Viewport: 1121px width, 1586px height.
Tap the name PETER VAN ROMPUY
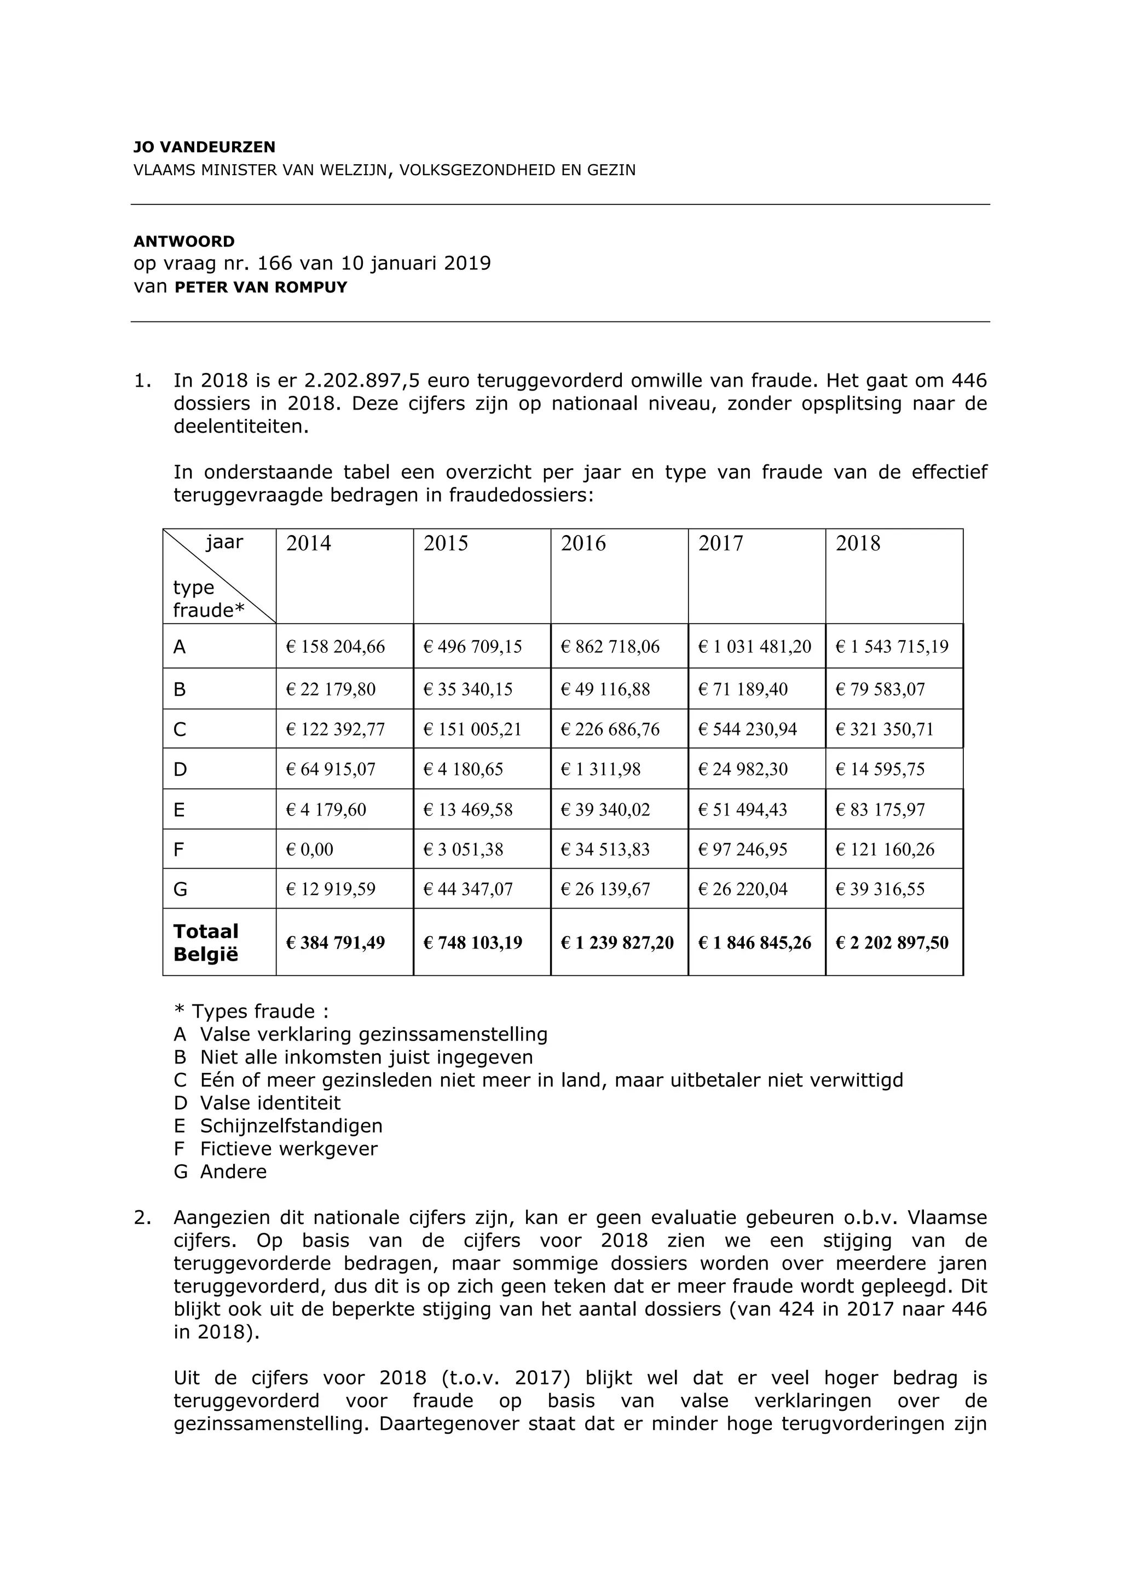coord(261,288)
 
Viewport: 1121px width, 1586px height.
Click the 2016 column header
coord(583,544)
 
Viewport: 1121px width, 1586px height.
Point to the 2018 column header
coord(858,544)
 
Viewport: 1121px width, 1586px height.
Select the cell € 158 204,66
coord(336,647)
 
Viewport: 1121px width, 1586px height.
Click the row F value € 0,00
coord(310,849)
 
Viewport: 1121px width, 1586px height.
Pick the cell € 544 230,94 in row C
coord(748,729)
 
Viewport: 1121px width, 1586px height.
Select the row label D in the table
coord(180,769)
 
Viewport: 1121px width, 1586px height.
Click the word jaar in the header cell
coord(224,542)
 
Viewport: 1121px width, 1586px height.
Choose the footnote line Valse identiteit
coord(270,1103)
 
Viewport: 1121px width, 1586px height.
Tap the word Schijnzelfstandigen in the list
coord(291,1126)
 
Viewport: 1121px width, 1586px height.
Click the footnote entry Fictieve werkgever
coord(288,1149)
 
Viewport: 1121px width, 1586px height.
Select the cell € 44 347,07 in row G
coord(468,889)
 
